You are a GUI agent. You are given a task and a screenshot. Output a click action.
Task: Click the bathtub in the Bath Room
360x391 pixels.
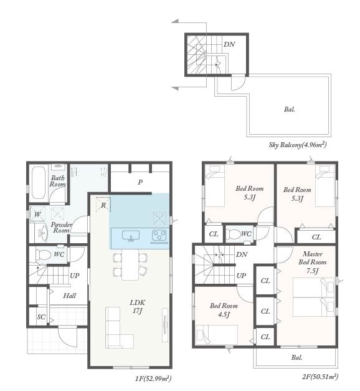(39, 183)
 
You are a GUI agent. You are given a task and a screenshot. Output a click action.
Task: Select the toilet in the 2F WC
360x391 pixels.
(234, 234)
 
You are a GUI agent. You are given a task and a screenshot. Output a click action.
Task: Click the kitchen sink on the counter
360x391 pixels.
(131, 236)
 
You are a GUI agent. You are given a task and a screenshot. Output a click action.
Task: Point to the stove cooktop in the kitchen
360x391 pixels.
(159, 236)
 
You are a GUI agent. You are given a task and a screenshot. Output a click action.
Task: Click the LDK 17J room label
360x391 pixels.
(137, 306)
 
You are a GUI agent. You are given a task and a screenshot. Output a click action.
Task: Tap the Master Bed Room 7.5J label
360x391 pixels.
(313, 262)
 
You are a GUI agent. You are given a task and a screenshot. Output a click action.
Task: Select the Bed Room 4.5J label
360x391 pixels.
(224, 310)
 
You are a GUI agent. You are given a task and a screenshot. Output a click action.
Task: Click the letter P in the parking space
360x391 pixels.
(140, 182)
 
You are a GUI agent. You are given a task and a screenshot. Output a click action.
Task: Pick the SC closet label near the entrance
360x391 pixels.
(41, 317)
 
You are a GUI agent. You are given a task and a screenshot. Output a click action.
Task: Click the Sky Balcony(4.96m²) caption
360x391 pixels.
(298, 145)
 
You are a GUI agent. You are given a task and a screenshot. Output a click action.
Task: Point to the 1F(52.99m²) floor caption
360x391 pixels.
(153, 379)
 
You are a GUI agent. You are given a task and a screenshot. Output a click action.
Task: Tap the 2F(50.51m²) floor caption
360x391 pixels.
(320, 376)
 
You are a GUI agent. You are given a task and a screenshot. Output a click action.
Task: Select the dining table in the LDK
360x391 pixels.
(130, 264)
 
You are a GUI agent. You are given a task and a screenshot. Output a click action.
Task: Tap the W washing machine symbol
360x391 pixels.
(37, 214)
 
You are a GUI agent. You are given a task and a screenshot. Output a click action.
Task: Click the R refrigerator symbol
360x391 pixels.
(103, 205)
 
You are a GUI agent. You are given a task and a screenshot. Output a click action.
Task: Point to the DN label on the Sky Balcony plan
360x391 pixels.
(229, 44)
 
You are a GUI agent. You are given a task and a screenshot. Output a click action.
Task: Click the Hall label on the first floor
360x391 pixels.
(70, 296)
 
